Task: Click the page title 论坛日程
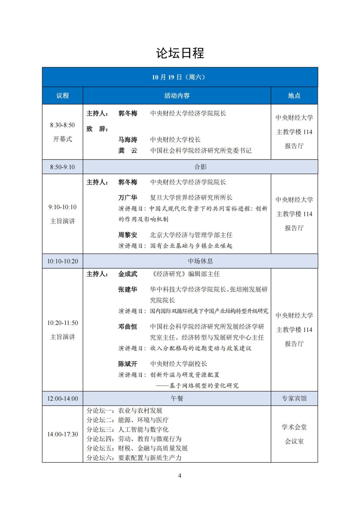180,53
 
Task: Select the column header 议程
63,96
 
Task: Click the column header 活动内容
177,96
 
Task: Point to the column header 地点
294,96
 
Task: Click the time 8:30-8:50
63,125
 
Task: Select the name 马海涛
128,140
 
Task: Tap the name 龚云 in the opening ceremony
128,151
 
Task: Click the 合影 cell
200,167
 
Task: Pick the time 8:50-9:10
63,167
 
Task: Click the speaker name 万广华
128,198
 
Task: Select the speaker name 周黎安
128,235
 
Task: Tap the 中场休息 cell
200,261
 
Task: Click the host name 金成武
128,274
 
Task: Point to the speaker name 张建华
128,290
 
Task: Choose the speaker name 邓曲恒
128,327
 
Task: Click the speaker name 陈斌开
128,364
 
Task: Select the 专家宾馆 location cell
294,399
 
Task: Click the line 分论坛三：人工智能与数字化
128,430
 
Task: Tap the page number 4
180,476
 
